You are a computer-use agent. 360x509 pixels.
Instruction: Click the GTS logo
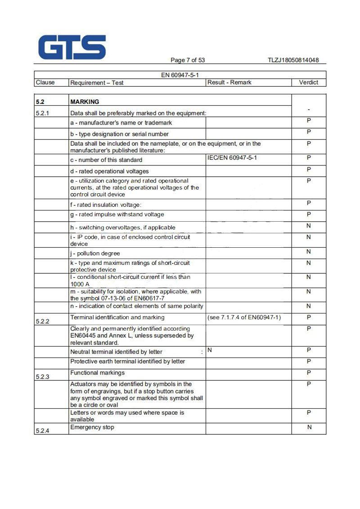(x=72, y=47)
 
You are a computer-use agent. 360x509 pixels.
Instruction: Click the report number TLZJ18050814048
(x=293, y=60)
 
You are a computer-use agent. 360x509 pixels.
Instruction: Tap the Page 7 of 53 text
(x=188, y=60)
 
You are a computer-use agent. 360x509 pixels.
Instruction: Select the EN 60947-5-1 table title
(x=180, y=75)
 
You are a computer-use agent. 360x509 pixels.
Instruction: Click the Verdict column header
(x=308, y=83)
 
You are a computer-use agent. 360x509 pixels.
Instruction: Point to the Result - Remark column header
(x=229, y=83)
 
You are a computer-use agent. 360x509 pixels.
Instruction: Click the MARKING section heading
(x=85, y=102)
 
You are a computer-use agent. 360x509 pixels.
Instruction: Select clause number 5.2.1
(x=43, y=112)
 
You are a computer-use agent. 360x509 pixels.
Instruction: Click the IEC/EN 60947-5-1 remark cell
(x=232, y=158)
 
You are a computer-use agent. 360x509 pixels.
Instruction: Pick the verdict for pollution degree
(x=308, y=251)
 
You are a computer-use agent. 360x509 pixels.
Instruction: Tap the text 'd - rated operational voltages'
(x=109, y=171)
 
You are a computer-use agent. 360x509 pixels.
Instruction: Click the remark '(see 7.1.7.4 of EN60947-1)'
(x=244, y=318)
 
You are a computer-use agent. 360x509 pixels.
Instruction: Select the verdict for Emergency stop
(x=309, y=427)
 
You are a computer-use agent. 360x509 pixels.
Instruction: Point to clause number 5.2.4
(x=43, y=431)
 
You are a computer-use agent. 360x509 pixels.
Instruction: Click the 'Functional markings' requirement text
(x=98, y=373)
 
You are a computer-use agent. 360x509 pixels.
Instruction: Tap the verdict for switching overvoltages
(x=308, y=225)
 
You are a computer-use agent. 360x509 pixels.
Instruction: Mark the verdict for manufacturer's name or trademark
(x=309, y=121)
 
